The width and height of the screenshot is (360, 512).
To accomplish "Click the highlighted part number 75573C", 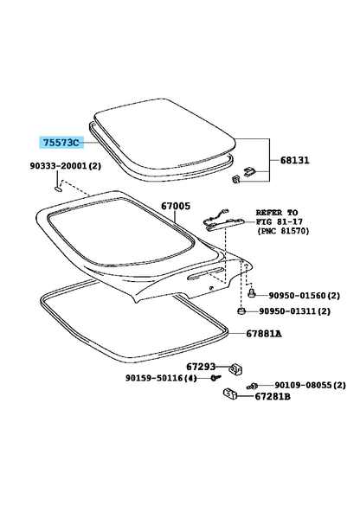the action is [61, 143].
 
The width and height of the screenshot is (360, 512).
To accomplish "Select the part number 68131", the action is [294, 160].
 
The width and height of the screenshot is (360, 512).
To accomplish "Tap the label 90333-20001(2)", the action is [66, 166].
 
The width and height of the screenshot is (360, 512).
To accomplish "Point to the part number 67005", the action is [176, 206].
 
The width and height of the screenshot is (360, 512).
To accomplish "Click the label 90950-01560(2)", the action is [304, 296].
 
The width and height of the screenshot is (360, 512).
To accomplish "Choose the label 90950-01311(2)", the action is [295, 310].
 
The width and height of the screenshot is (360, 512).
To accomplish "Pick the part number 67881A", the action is [264, 333].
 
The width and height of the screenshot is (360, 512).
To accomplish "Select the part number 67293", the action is [201, 367].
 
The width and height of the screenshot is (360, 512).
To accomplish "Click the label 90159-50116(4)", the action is [161, 378].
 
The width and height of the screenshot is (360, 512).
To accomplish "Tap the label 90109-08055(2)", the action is [310, 386].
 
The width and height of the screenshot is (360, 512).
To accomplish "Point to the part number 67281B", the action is [273, 396].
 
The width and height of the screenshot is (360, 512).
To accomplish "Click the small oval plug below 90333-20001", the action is [58, 189].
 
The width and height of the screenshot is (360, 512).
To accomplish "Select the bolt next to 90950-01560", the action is [252, 293].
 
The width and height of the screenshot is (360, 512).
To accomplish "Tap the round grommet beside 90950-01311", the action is [241, 310].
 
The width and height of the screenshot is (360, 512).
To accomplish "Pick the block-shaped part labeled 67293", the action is [235, 369].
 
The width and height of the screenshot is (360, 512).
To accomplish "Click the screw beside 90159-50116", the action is [215, 378].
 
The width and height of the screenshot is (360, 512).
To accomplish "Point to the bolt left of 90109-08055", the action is [252, 386].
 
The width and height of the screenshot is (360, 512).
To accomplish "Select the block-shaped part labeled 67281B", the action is [230, 394].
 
